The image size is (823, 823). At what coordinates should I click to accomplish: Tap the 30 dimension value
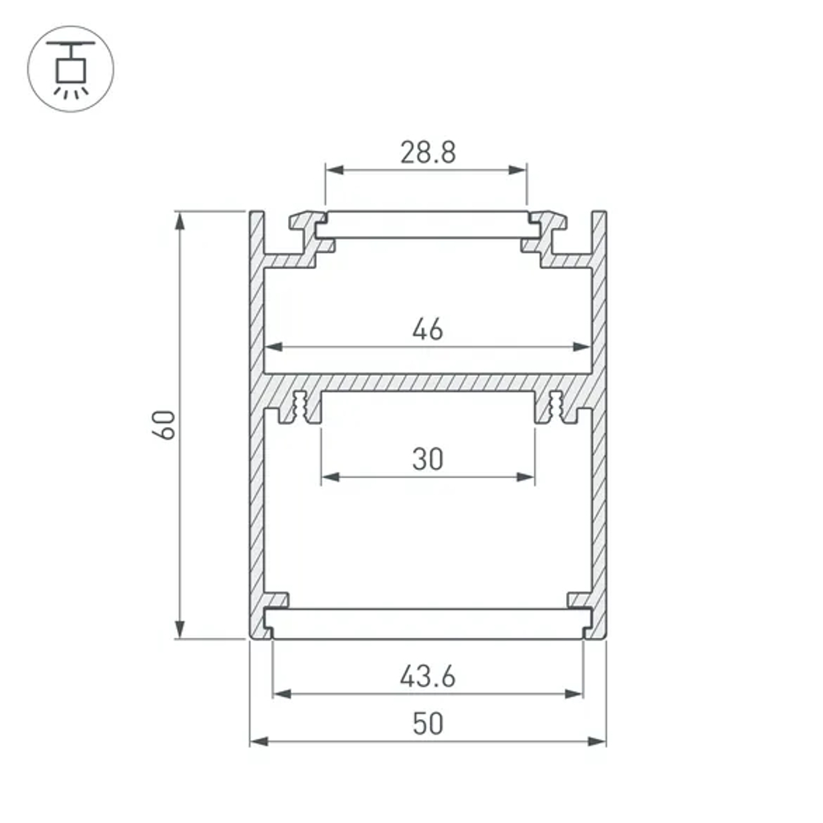point(427,458)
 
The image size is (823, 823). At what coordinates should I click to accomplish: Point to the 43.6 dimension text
point(427,677)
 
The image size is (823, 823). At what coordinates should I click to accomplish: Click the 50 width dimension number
point(427,723)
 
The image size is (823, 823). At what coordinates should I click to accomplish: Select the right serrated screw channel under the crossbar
point(556,408)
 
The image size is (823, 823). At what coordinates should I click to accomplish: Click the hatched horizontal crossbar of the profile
point(427,383)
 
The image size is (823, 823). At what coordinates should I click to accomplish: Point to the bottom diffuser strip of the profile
point(427,623)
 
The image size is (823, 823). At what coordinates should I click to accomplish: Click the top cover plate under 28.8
point(427,225)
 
